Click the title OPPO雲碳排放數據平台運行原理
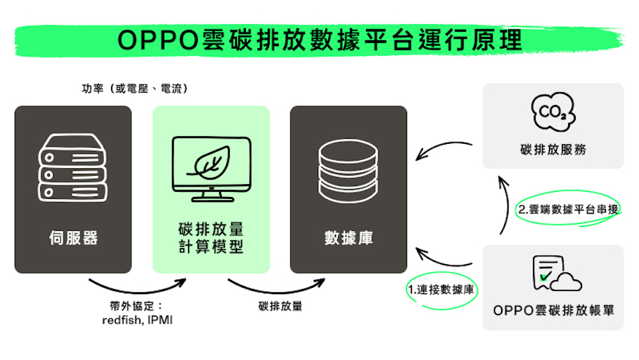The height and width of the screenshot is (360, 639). (x=319, y=40)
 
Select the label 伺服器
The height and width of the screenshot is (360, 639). (x=73, y=238)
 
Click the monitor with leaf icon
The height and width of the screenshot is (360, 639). (x=211, y=168)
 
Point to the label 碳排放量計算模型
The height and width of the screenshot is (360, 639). (x=211, y=238)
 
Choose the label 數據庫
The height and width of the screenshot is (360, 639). (x=348, y=238)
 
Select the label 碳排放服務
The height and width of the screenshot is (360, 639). (x=553, y=150)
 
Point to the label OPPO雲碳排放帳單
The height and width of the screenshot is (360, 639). (x=553, y=310)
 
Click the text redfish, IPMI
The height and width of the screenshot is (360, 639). (x=137, y=320)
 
